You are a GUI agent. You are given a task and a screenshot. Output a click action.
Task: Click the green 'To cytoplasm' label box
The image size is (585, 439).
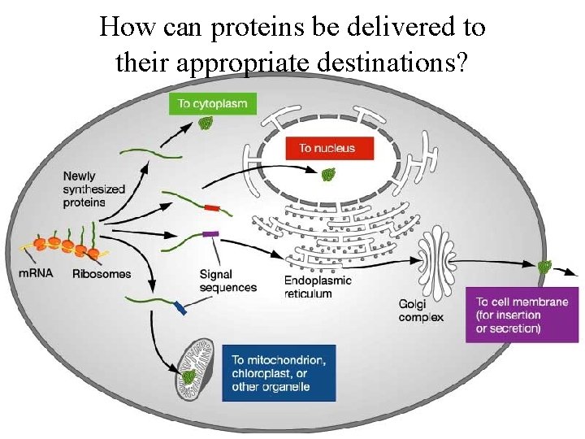point(212,103)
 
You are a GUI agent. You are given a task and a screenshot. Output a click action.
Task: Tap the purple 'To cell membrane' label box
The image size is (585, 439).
point(522,315)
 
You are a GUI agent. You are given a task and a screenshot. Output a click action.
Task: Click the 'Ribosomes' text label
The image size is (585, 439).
point(101,274)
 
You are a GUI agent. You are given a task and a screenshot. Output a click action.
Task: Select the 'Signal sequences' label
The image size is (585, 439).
point(227,281)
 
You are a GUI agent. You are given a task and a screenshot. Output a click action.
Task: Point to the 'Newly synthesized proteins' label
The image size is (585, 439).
point(96,189)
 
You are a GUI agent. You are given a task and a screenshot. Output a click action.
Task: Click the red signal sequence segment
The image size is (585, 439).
point(212,209)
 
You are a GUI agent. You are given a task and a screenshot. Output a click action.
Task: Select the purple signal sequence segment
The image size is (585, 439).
point(210,235)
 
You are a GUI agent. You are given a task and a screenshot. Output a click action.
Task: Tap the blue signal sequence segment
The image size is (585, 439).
point(180,306)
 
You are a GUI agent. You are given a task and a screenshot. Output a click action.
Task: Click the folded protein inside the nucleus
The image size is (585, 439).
point(327,174)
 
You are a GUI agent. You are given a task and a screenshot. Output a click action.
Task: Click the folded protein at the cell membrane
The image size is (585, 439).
point(544,267)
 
